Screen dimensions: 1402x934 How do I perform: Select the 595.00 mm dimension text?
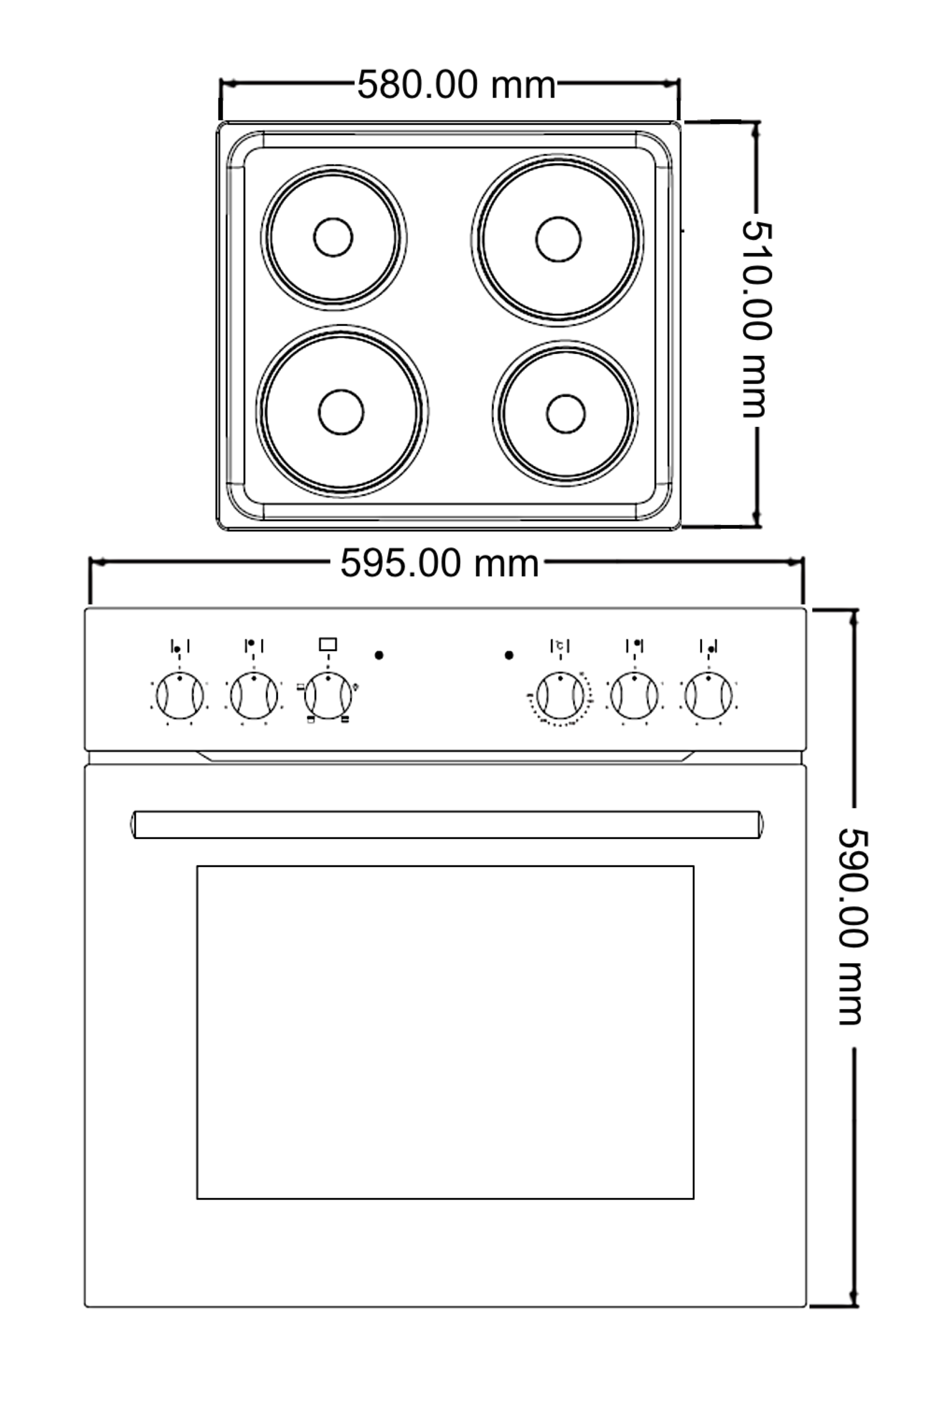(439, 563)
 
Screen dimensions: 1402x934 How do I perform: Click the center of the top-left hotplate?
(333, 237)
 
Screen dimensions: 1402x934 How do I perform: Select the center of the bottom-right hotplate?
(565, 413)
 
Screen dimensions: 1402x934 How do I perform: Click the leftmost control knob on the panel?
(180, 695)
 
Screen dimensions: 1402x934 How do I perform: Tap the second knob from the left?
(254, 695)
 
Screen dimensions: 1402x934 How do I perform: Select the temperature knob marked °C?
(560, 695)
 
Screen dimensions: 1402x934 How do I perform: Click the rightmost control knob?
(708, 695)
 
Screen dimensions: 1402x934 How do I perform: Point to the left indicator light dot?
(379, 655)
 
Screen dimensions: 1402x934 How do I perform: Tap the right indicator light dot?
(509, 655)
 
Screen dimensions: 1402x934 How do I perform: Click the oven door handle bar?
(447, 825)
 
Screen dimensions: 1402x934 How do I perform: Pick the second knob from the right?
(635, 695)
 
